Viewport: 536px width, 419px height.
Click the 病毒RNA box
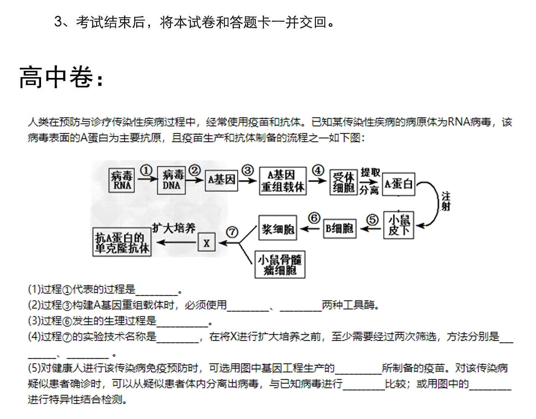point(121,181)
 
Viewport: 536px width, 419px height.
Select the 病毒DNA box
point(171,181)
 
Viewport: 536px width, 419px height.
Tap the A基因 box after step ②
point(222,181)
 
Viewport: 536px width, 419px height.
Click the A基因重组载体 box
point(283,181)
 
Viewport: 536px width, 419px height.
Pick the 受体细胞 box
point(344,182)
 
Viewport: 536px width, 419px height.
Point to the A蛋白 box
point(399,184)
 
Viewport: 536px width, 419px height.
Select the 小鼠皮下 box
point(399,225)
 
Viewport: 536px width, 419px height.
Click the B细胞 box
point(340,228)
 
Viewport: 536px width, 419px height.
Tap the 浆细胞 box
point(278,228)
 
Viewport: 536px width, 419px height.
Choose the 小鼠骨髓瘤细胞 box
point(280,264)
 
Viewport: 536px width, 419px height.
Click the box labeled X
point(207,242)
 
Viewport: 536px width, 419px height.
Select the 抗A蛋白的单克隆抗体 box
point(122,242)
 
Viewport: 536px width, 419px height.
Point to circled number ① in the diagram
point(146,171)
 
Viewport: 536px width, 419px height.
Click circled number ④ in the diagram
point(318,170)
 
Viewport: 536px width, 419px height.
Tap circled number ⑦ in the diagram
point(232,232)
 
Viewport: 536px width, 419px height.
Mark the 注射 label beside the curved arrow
point(446,202)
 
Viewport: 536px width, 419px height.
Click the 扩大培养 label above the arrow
point(174,228)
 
